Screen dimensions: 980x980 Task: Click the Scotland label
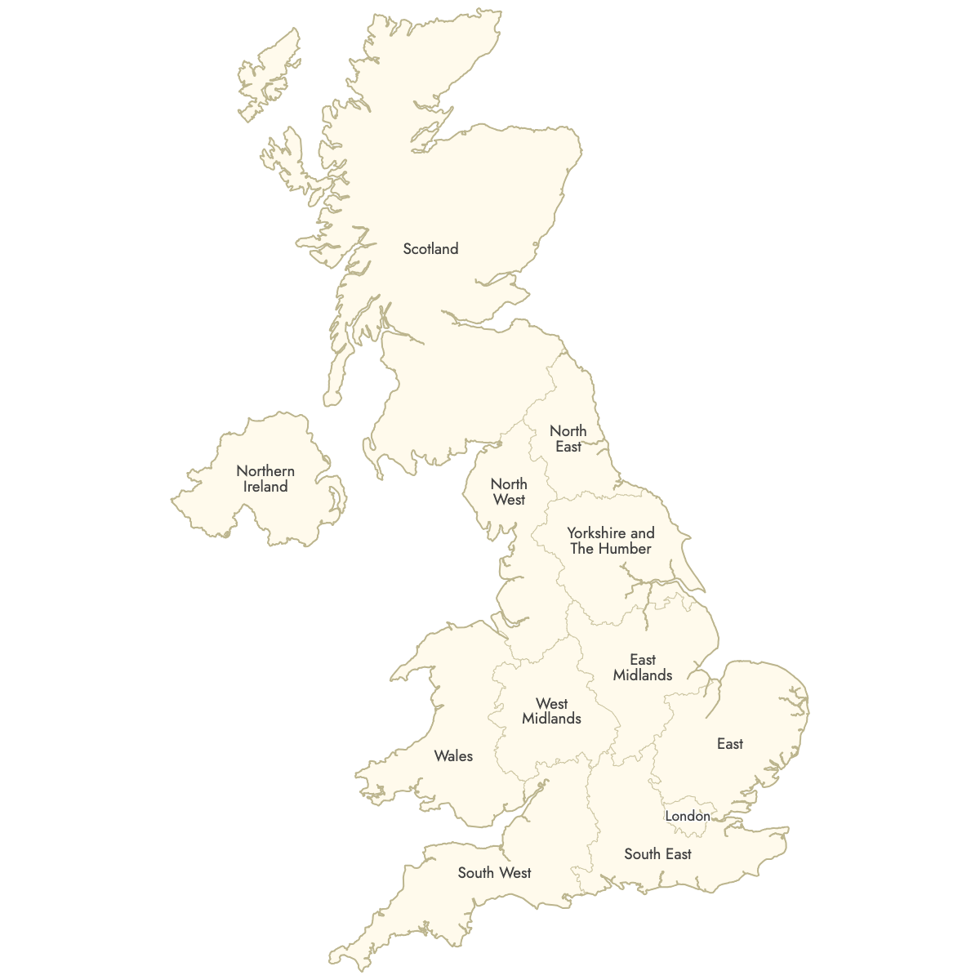point(430,249)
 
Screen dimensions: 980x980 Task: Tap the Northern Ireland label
point(265,479)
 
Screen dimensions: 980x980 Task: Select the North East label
point(568,439)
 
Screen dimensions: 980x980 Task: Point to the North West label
point(509,492)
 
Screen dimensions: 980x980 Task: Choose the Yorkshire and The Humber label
point(611,541)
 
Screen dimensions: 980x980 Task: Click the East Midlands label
point(643,667)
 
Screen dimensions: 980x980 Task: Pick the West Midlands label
point(551,711)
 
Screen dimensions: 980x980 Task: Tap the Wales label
point(453,756)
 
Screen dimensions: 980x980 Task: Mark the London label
point(688,816)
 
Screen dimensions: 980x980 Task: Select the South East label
point(657,854)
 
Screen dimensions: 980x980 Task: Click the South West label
point(494,873)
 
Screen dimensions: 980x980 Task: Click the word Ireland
point(265,487)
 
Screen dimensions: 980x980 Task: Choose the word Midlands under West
point(551,719)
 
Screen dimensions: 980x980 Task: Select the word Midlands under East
point(643,675)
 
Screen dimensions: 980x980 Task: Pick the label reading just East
point(730,744)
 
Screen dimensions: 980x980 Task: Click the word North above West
point(509,484)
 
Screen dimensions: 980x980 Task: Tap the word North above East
point(568,431)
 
